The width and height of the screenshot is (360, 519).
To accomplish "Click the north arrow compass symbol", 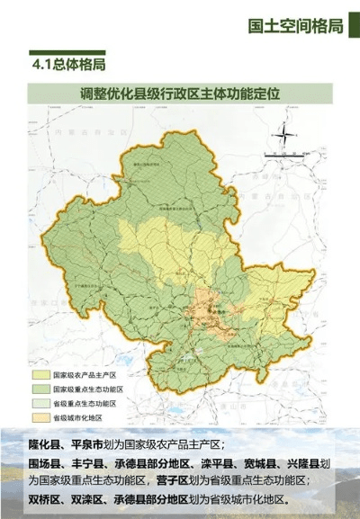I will tap(283, 135).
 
